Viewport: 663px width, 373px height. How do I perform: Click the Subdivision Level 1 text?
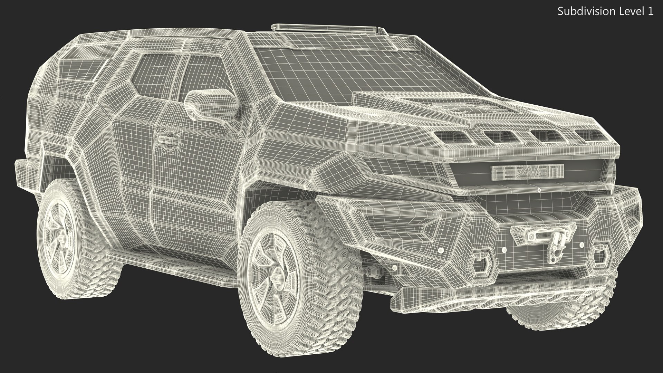[x=605, y=11]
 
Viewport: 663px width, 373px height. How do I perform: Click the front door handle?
[x=168, y=140]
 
